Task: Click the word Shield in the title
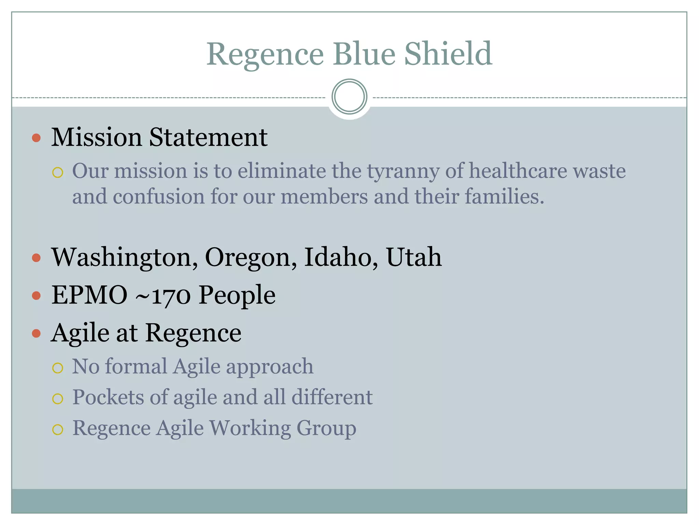point(448,54)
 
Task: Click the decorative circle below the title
point(349,97)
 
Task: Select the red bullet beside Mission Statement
point(36,138)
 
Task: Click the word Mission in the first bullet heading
point(96,137)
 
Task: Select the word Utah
point(414,257)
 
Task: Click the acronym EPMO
point(89,295)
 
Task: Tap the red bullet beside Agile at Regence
point(36,333)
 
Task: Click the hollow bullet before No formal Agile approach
point(58,368)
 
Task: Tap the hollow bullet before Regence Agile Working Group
point(58,429)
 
